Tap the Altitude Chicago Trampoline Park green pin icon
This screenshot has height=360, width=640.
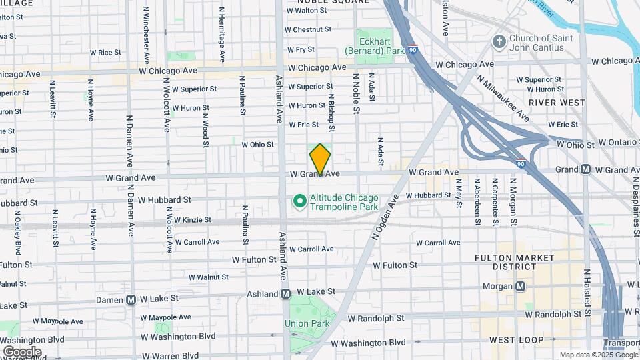[300, 201]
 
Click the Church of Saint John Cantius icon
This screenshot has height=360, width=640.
[499, 42]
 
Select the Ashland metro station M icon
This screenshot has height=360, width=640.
[285, 293]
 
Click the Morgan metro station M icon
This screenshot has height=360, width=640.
[520, 287]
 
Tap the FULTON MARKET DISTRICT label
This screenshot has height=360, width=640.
[514, 262]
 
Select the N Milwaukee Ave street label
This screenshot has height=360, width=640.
[503, 99]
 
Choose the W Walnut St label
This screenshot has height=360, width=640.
[208, 277]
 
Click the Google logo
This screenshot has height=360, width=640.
[22, 351]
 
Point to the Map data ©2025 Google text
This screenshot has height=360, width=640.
[598, 355]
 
